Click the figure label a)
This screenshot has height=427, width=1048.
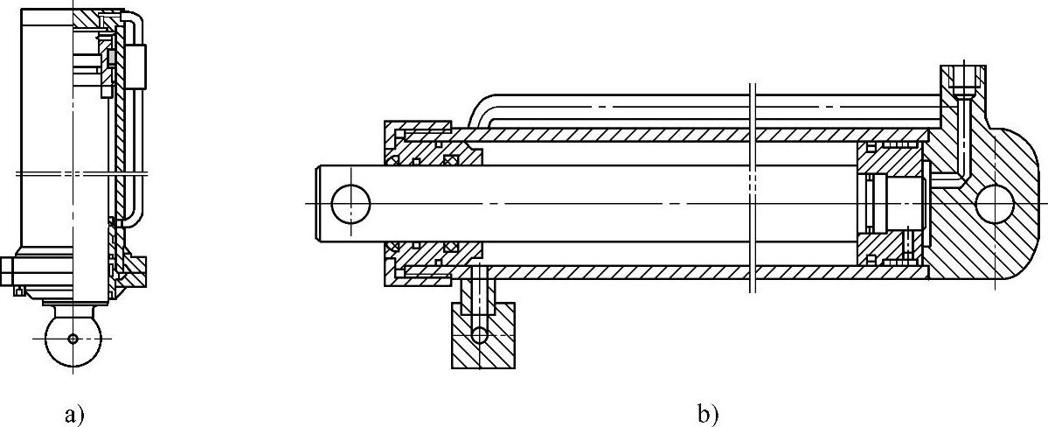[74, 413]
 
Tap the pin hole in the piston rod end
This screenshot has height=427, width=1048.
[351, 203]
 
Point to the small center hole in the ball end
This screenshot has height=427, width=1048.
[73, 338]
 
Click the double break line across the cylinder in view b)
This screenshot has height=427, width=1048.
[753, 188]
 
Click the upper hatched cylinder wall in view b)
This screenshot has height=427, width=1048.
[612, 136]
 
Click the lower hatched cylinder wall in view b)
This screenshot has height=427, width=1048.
[612, 271]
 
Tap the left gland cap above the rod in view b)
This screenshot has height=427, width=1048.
[420, 140]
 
